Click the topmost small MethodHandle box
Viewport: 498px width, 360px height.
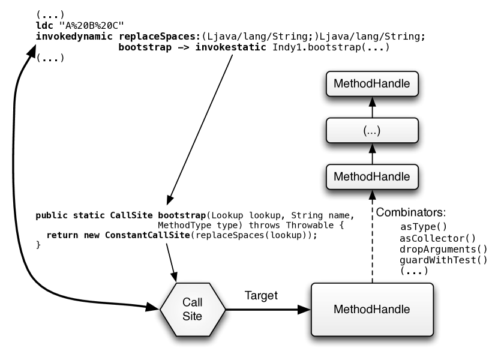pyautogui.click(x=372, y=84)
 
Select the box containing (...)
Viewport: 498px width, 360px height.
pyautogui.click(x=372, y=130)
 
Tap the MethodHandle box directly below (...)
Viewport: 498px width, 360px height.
pyautogui.click(x=372, y=177)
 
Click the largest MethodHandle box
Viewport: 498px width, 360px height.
pyautogui.click(x=372, y=310)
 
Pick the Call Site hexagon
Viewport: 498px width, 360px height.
pyautogui.click(x=193, y=310)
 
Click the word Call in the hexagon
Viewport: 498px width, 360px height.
pyautogui.click(x=193, y=302)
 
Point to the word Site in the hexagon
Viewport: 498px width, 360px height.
pyautogui.click(x=193, y=316)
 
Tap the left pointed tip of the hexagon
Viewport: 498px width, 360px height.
pyautogui.click(x=162, y=310)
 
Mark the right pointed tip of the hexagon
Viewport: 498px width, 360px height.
pyautogui.click(x=224, y=310)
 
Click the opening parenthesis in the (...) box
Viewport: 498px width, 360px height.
pyautogui.click(x=365, y=131)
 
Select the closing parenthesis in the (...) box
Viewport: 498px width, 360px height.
pyautogui.click(x=379, y=131)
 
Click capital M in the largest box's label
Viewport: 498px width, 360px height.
pyautogui.click(x=338, y=310)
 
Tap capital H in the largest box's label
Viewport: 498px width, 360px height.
pyautogui.click(x=374, y=310)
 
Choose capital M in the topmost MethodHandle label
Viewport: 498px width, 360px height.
pyautogui.click(x=338, y=84)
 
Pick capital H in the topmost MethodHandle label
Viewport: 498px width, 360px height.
pyautogui.click(x=374, y=84)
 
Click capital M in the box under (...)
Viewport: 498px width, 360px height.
pyautogui.click(x=338, y=177)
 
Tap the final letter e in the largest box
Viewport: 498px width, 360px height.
pyautogui.click(x=407, y=310)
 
